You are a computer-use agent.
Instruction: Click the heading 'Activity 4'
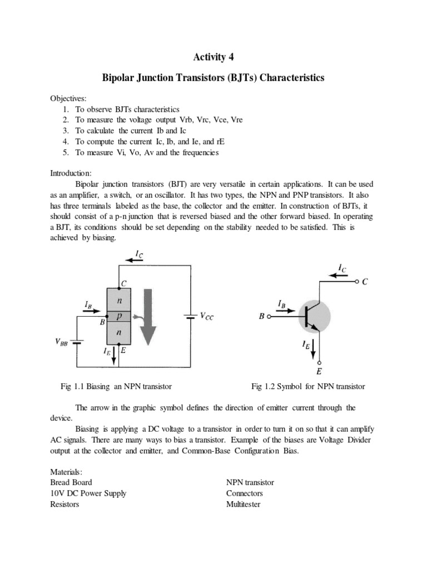tap(213, 57)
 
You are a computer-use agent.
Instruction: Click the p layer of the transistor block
tap(118, 316)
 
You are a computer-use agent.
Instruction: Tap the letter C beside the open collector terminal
tap(365, 282)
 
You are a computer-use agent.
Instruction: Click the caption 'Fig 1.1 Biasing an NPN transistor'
tap(116, 386)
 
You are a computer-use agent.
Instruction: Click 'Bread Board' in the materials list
tap(71, 482)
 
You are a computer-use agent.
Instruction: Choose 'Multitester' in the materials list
tap(244, 504)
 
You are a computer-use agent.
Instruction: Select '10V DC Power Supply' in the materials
tap(88, 493)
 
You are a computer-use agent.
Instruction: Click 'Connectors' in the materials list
tap(245, 493)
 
